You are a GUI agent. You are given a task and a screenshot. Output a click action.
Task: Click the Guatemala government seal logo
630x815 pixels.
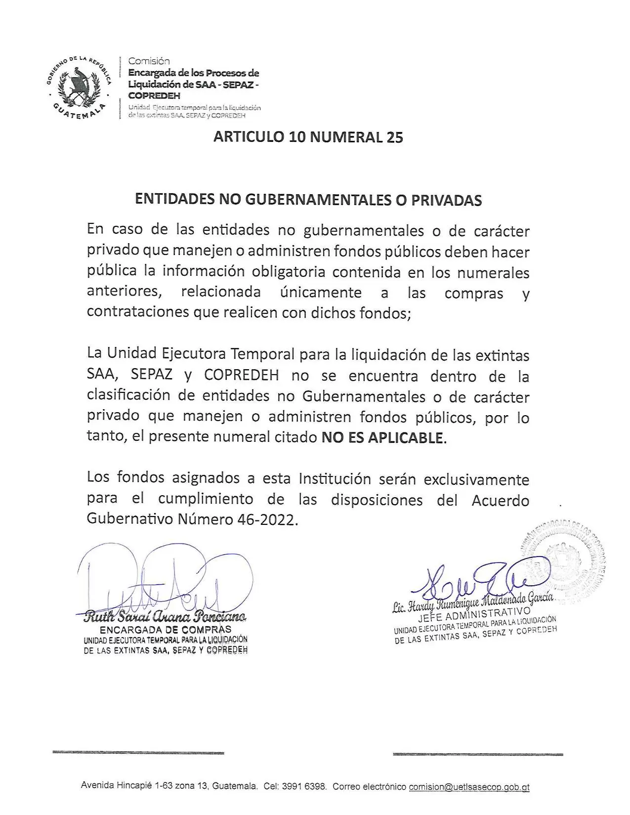click(80, 87)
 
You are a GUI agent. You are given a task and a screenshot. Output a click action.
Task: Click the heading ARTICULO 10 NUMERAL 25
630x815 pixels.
click(308, 137)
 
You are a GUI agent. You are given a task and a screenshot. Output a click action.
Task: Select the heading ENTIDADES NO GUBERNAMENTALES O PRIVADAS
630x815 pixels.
click(308, 200)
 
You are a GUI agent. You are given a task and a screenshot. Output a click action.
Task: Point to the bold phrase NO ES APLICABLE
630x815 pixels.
click(382, 438)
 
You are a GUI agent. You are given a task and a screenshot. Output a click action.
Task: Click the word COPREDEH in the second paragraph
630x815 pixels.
click(241, 376)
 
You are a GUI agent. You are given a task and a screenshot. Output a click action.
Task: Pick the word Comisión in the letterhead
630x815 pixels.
click(149, 61)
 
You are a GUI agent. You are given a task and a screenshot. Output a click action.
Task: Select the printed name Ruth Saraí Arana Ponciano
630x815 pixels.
click(165, 617)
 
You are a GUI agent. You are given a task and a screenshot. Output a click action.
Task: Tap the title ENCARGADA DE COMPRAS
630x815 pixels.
click(165, 630)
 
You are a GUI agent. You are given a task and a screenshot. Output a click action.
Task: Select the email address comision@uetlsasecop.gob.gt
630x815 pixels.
click(469, 787)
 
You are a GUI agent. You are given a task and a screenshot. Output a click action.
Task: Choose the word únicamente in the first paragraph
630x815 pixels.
click(321, 293)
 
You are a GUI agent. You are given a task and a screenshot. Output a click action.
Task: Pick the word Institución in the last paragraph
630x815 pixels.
click(335, 479)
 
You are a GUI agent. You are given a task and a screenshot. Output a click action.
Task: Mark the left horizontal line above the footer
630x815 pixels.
click(138, 753)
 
